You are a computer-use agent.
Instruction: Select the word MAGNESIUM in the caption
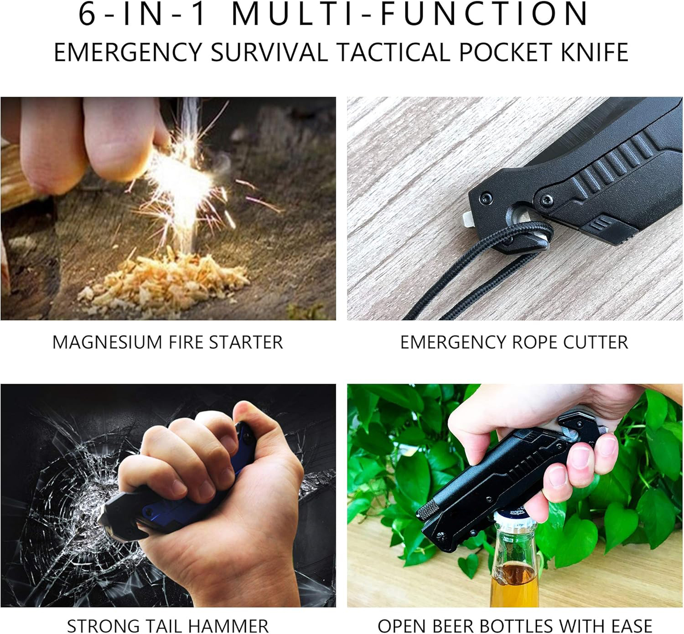pyautogui.click(x=107, y=342)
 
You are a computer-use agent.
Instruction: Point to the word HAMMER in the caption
pyautogui.click(x=227, y=626)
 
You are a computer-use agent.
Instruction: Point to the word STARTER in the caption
pyautogui.click(x=246, y=342)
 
